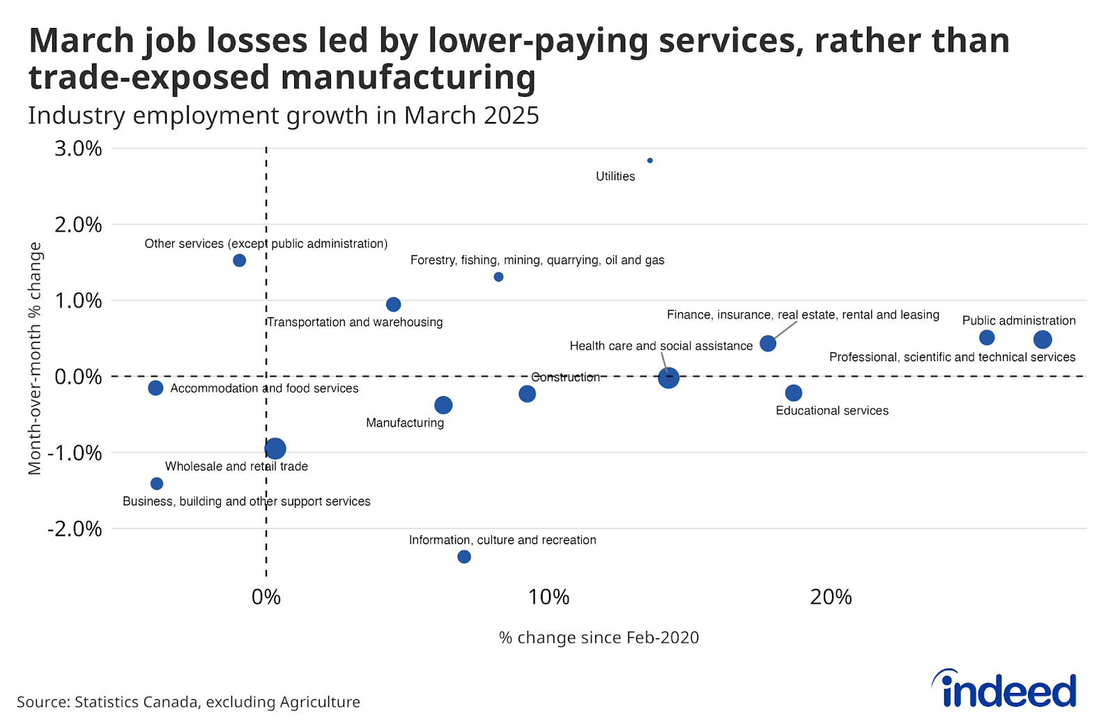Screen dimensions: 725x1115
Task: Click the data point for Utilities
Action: pos(649,160)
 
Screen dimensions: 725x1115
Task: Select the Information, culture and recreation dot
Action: pos(464,556)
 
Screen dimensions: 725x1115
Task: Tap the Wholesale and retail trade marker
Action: pos(275,448)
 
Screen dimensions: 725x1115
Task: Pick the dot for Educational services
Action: pos(793,393)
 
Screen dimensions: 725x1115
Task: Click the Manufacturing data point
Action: pos(443,405)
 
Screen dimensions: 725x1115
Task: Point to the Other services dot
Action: pos(239,260)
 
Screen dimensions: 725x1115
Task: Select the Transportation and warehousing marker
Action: pos(393,305)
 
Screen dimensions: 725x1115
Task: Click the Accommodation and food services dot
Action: pos(155,388)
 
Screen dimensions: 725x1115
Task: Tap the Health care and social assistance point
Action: pos(668,378)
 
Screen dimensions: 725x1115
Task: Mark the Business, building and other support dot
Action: pos(157,484)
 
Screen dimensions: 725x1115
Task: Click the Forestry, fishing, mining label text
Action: pos(537,260)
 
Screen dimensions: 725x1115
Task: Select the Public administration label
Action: pos(1018,321)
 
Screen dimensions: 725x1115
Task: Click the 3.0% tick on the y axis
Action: pos(78,148)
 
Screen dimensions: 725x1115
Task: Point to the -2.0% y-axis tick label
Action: pos(75,529)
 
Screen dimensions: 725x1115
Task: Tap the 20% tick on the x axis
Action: pos(831,597)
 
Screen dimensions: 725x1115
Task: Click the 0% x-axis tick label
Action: pos(266,597)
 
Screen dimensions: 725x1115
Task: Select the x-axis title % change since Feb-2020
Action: pos(599,638)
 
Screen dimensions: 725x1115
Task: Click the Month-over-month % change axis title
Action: pos(35,358)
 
